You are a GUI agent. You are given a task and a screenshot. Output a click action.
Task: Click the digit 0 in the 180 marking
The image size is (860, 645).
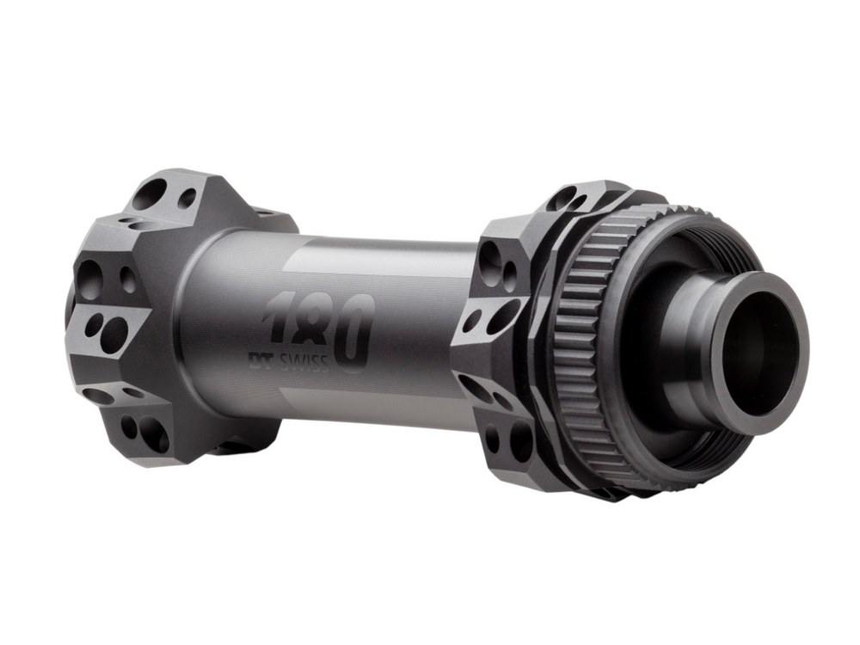[x=354, y=331]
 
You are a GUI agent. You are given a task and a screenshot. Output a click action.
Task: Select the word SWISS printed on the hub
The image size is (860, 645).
[x=303, y=362]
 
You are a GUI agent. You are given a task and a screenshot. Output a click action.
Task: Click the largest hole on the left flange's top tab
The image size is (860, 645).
[x=150, y=193]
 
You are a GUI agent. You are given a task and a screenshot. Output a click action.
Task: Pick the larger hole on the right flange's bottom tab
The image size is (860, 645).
[x=521, y=439]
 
